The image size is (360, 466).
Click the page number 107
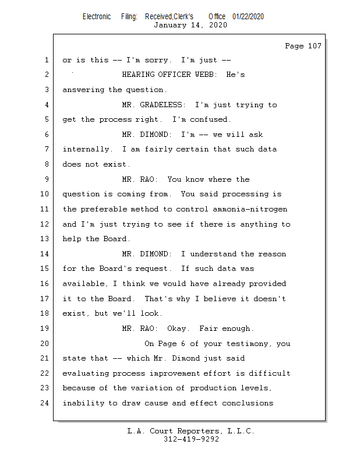[315, 46]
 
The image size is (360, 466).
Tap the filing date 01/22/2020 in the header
[248, 17]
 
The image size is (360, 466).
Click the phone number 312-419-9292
[191, 439]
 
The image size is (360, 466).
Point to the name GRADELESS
[161, 105]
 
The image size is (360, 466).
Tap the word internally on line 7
[86, 149]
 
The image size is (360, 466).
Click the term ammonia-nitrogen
[250, 209]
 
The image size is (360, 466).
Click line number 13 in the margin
[44, 239]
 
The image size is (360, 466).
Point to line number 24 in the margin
[44, 403]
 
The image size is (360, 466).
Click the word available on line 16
[83, 284]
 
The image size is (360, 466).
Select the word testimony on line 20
[248, 344]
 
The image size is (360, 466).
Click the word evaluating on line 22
[86, 373]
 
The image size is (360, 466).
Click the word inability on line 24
[83, 403]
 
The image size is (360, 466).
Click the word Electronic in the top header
[97, 17]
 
